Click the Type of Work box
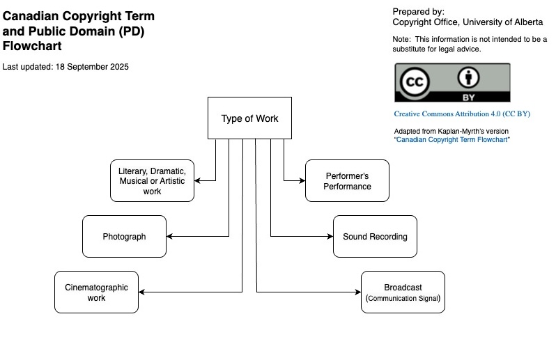pos(249,118)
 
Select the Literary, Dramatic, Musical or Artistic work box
pos(152,181)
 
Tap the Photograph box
pos(124,237)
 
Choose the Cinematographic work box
pos(96,292)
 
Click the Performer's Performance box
pos(347,181)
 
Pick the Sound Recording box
pos(375,237)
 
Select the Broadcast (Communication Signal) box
pos(403,292)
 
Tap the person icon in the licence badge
pos(468,77)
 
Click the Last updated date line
pos(65,67)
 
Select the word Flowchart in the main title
pos(32,47)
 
